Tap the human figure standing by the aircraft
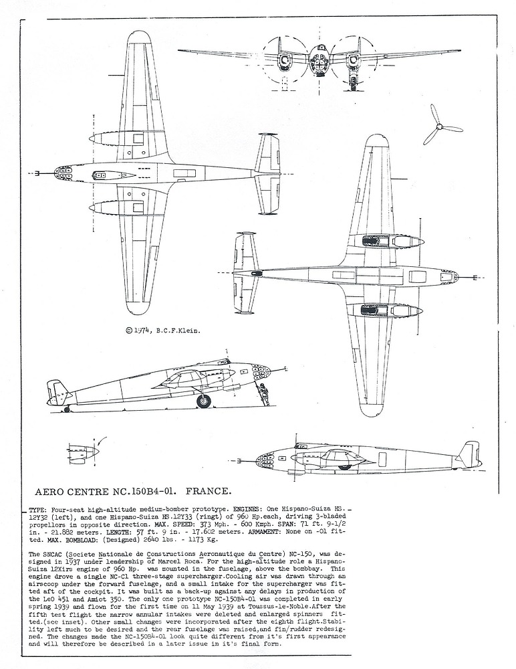tap(263, 394)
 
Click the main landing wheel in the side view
tap(203, 401)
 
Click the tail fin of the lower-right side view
tap(469, 453)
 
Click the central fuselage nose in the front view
tap(319, 61)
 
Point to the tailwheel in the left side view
tap(67, 409)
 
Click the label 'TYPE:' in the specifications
tap(38, 510)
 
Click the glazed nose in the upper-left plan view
tap(62, 173)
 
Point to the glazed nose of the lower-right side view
tap(265, 460)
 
